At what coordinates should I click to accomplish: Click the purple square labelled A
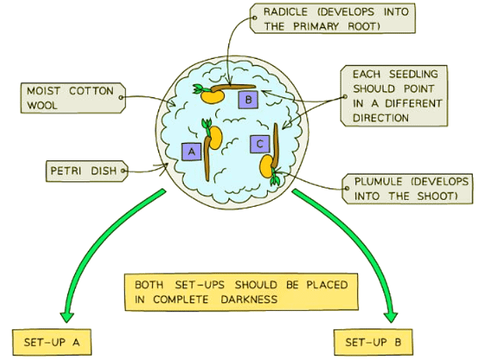[191, 151]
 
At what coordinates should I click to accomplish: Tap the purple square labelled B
[248, 99]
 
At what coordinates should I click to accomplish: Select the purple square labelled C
[260, 144]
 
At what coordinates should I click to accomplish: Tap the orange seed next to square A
[215, 139]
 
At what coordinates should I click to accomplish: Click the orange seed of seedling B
[212, 97]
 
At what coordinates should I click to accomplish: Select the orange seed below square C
[267, 165]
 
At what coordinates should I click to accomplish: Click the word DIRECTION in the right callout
[381, 118]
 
